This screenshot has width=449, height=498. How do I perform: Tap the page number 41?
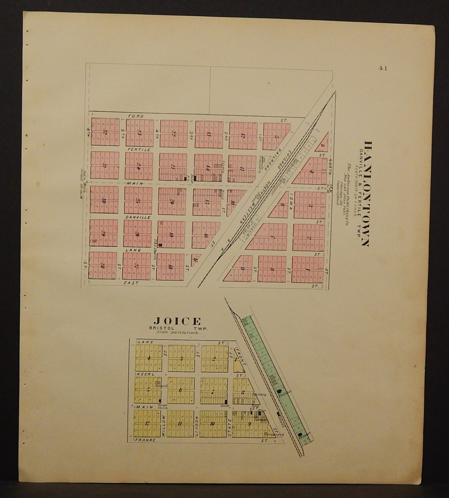382,69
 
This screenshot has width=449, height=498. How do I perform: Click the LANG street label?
133,250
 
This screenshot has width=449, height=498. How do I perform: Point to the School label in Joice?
160,386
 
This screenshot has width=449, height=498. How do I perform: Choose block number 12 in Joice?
147,423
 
